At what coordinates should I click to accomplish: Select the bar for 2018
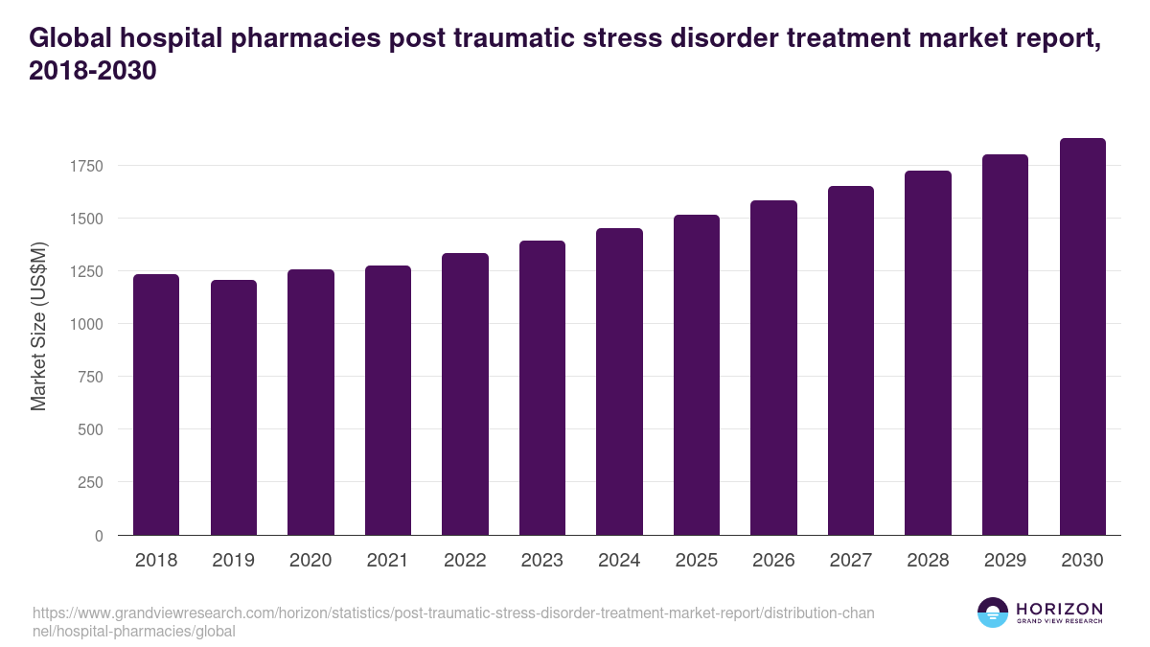coord(156,404)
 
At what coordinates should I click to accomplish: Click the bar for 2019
coord(233,407)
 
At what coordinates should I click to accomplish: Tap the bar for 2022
coord(465,394)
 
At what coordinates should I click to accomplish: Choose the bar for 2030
coord(1082,336)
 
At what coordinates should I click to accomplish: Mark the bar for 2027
coord(851,360)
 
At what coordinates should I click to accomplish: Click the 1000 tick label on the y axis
coord(84,324)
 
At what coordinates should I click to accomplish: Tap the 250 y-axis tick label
coord(89,482)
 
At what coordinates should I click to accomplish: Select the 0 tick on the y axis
coord(98,536)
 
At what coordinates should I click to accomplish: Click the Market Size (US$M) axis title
coord(38,325)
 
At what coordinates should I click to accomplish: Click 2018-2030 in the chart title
coord(92,71)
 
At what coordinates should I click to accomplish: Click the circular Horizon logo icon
coord(993,612)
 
